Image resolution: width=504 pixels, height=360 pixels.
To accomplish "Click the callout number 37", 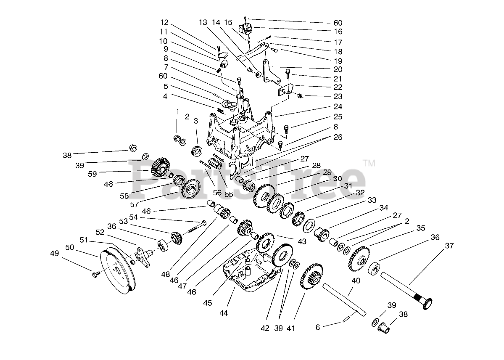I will (x=449, y=246).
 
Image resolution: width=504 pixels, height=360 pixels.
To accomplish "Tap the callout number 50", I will (x=69, y=247).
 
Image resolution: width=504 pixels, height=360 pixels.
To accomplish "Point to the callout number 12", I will (x=164, y=22).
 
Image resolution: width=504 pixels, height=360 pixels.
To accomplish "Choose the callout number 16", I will (x=338, y=32).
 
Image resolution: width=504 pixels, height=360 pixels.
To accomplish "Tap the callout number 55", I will (x=228, y=195).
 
